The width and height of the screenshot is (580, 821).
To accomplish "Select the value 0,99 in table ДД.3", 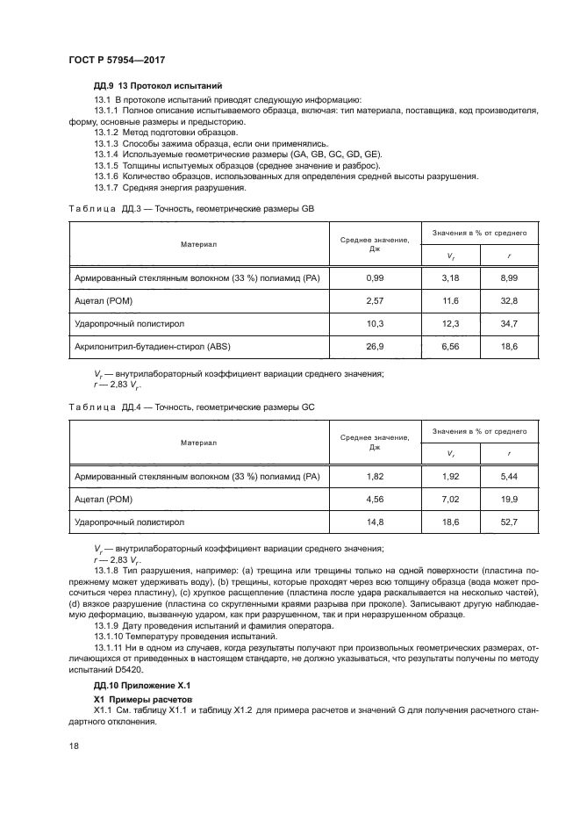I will coord(376,278).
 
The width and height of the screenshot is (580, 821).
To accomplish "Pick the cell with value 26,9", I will coord(376,347).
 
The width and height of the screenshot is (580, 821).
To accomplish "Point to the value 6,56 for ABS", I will coord(451,347).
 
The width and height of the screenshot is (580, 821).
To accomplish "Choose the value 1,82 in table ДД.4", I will coord(376,476).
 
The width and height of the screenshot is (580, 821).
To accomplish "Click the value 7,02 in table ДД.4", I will coord(451,499).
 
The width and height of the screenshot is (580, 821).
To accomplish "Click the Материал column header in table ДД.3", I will coord(199,243).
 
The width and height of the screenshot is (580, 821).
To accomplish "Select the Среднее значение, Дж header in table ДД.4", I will coord(376,442).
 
